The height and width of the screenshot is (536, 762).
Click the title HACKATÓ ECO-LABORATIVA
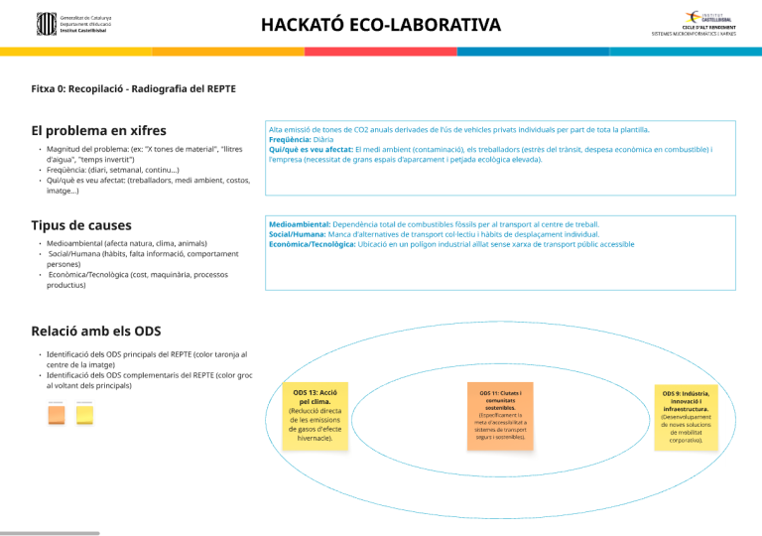(x=381, y=23)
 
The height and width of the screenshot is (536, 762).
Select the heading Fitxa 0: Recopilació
(x=133, y=88)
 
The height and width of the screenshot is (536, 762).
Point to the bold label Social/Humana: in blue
(x=296, y=234)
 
